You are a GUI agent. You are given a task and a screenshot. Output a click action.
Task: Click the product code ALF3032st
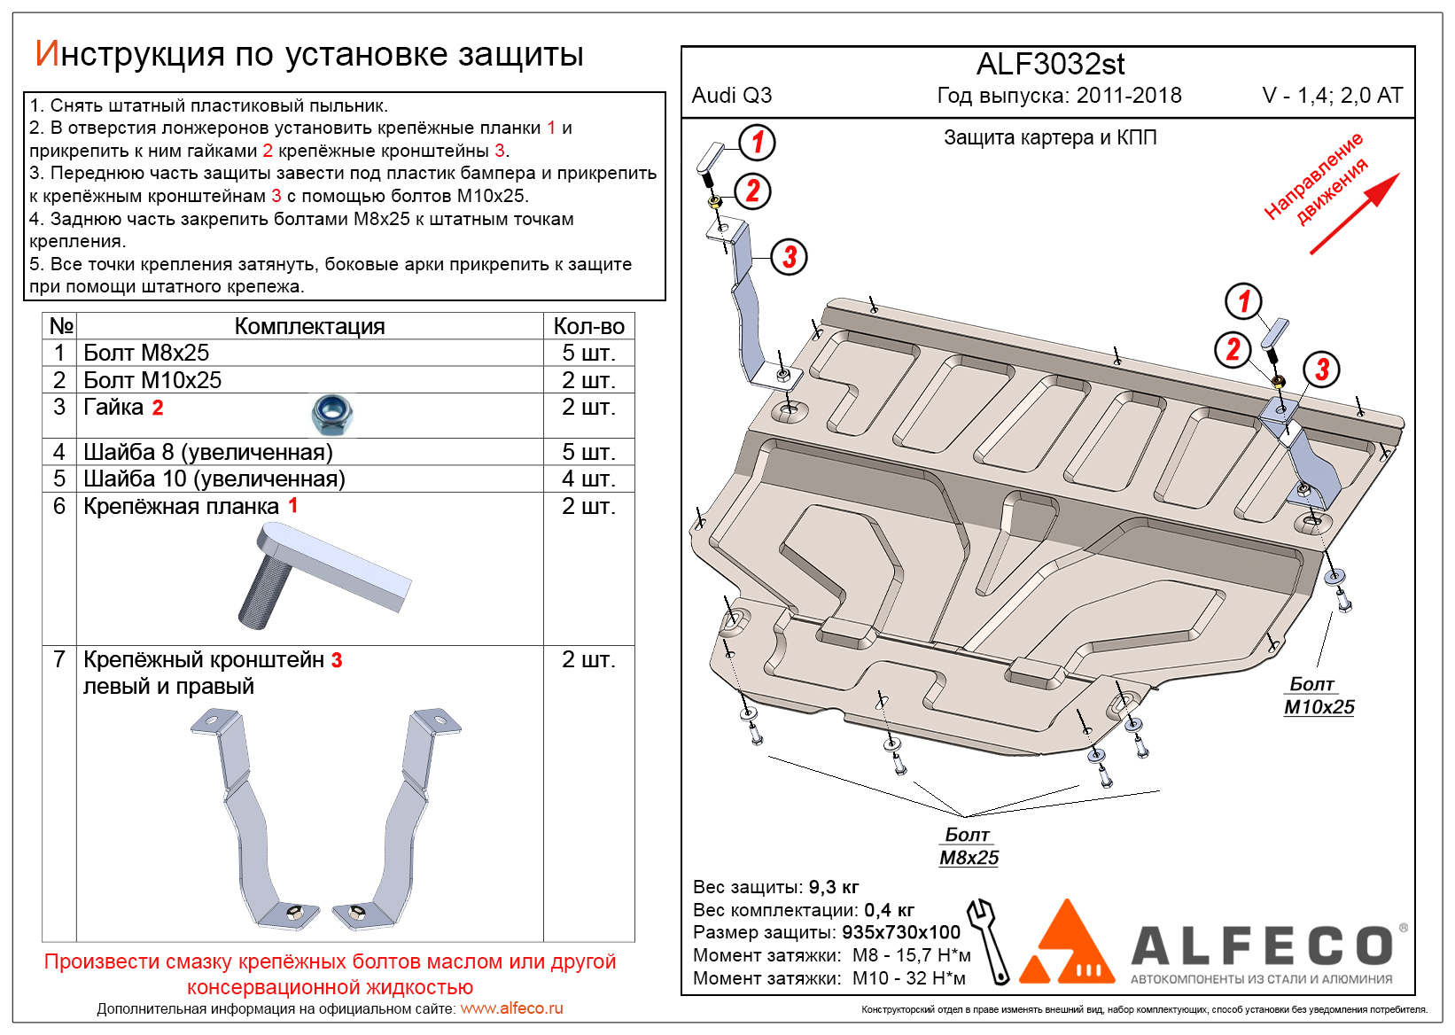point(1050,65)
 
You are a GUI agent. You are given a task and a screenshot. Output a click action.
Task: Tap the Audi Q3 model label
point(731,96)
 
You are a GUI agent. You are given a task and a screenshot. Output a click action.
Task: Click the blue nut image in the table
point(333,414)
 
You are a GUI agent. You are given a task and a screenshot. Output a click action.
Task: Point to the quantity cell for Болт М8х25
point(588,353)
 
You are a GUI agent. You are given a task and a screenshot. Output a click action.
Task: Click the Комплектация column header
point(309,326)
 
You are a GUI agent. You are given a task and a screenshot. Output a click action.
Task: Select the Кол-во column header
point(588,326)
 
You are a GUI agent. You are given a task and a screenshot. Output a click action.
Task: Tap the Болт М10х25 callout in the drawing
point(1319,696)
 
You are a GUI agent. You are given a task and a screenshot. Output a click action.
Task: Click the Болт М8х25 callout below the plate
point(969,846)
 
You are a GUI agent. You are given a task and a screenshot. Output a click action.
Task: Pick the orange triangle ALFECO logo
point(1067,945)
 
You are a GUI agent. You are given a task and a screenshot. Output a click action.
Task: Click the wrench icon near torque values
point(989,941)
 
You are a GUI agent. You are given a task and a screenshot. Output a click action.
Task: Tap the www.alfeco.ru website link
point(511,1008)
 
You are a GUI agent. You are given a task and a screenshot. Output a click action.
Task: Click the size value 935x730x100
point(900,932)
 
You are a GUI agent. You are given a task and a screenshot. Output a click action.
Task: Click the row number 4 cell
point(59,452)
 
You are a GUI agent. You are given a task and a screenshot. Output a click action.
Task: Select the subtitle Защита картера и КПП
point(1050,137)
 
